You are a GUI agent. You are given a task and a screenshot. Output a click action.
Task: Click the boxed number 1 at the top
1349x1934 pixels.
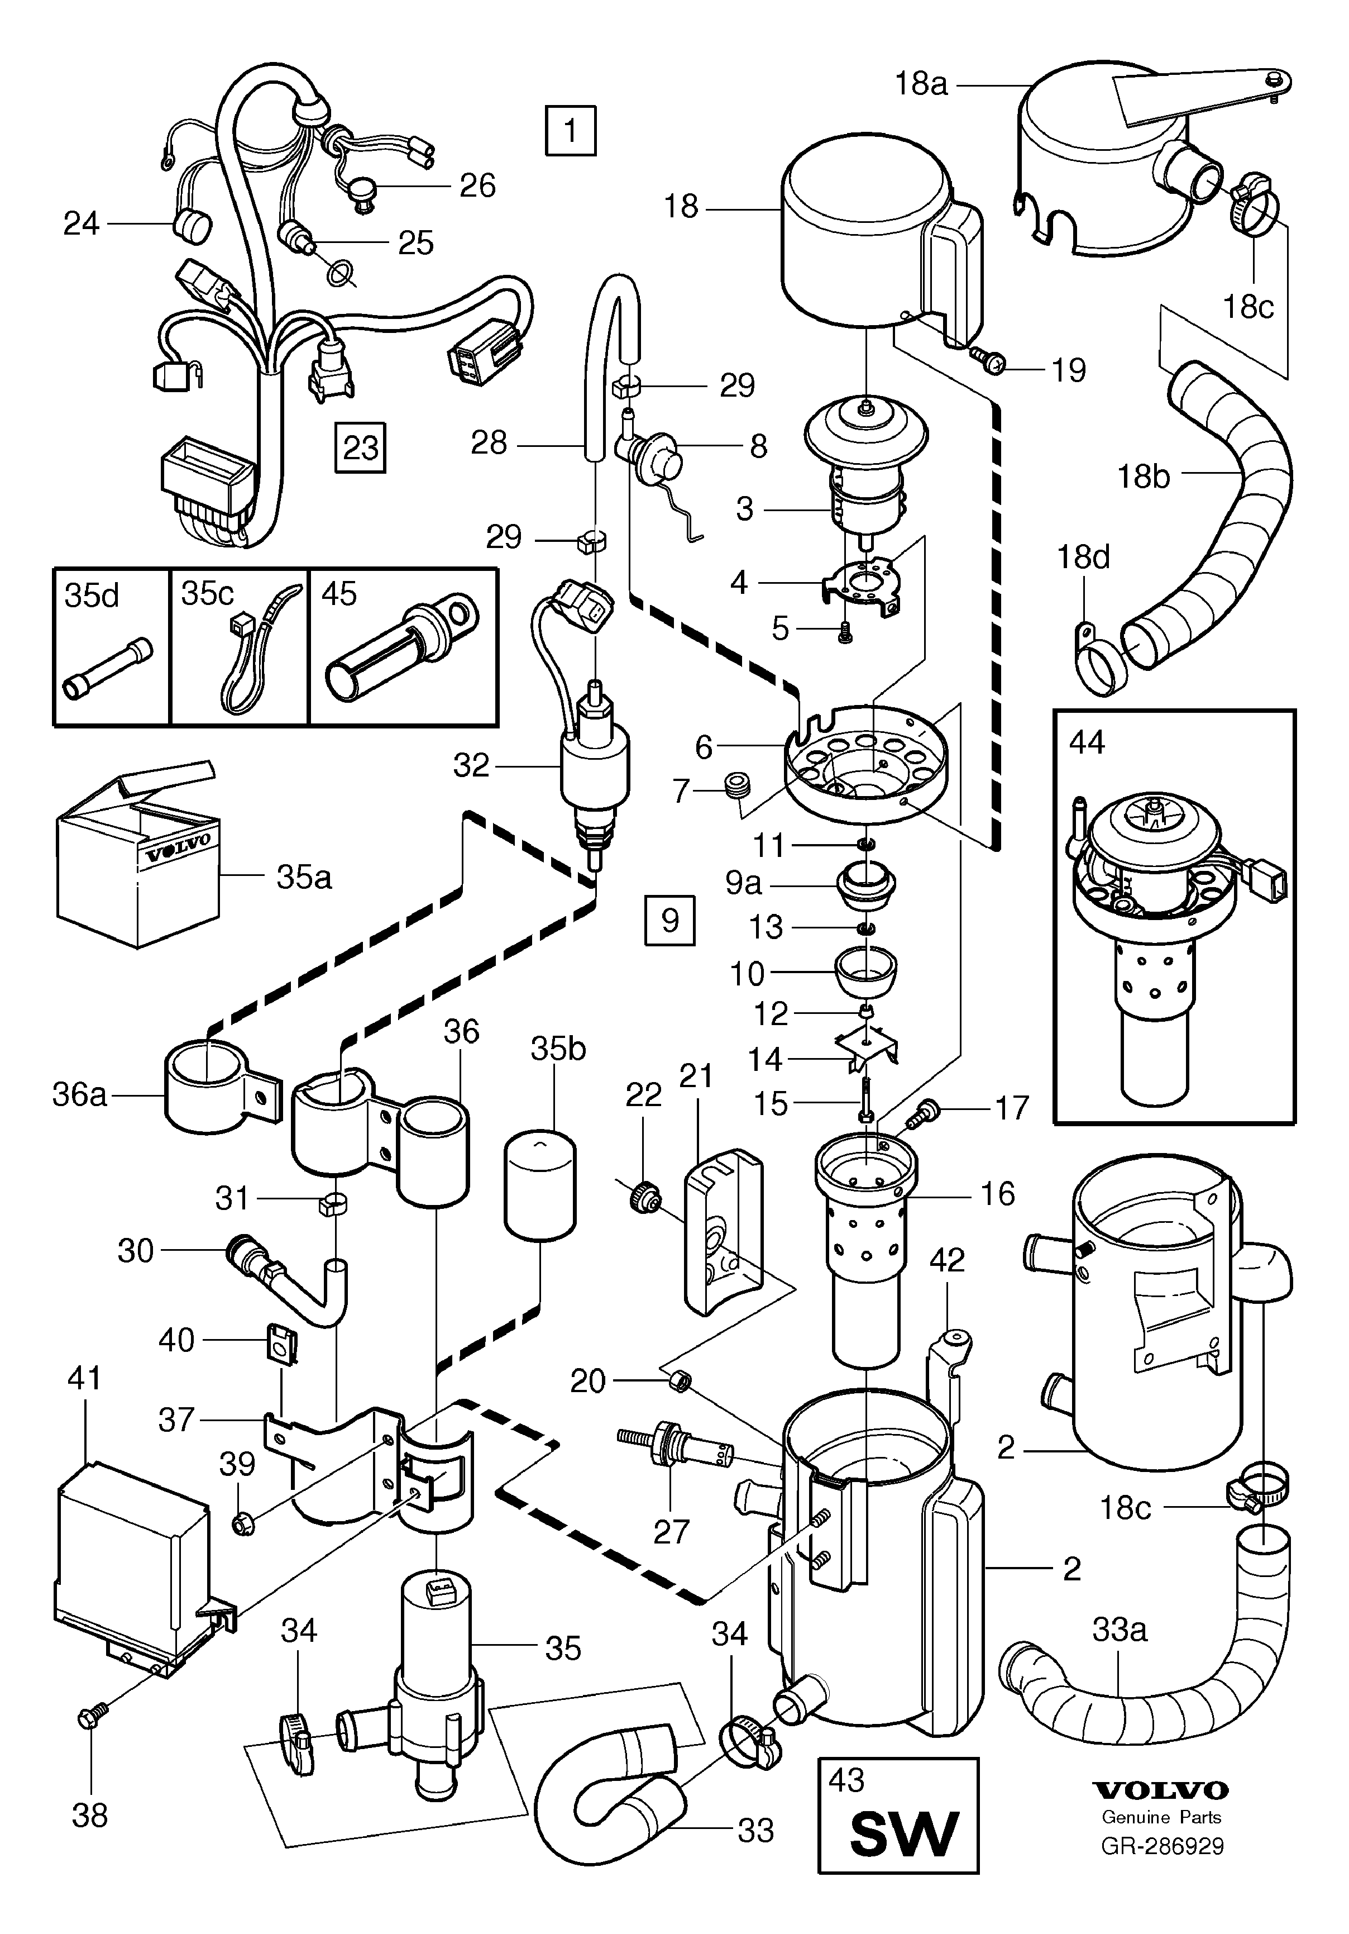point(570,131)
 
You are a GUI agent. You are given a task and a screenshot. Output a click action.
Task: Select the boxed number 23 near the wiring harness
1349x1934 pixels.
point(360,447)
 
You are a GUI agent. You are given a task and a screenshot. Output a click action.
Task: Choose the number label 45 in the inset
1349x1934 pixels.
point(339,594)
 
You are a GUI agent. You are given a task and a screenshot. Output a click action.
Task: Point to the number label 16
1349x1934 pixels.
point(997,1194)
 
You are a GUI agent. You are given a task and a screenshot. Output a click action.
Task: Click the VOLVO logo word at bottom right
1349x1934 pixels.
point(1160,1789)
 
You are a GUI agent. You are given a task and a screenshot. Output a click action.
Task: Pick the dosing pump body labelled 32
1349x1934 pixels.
point(595,766)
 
